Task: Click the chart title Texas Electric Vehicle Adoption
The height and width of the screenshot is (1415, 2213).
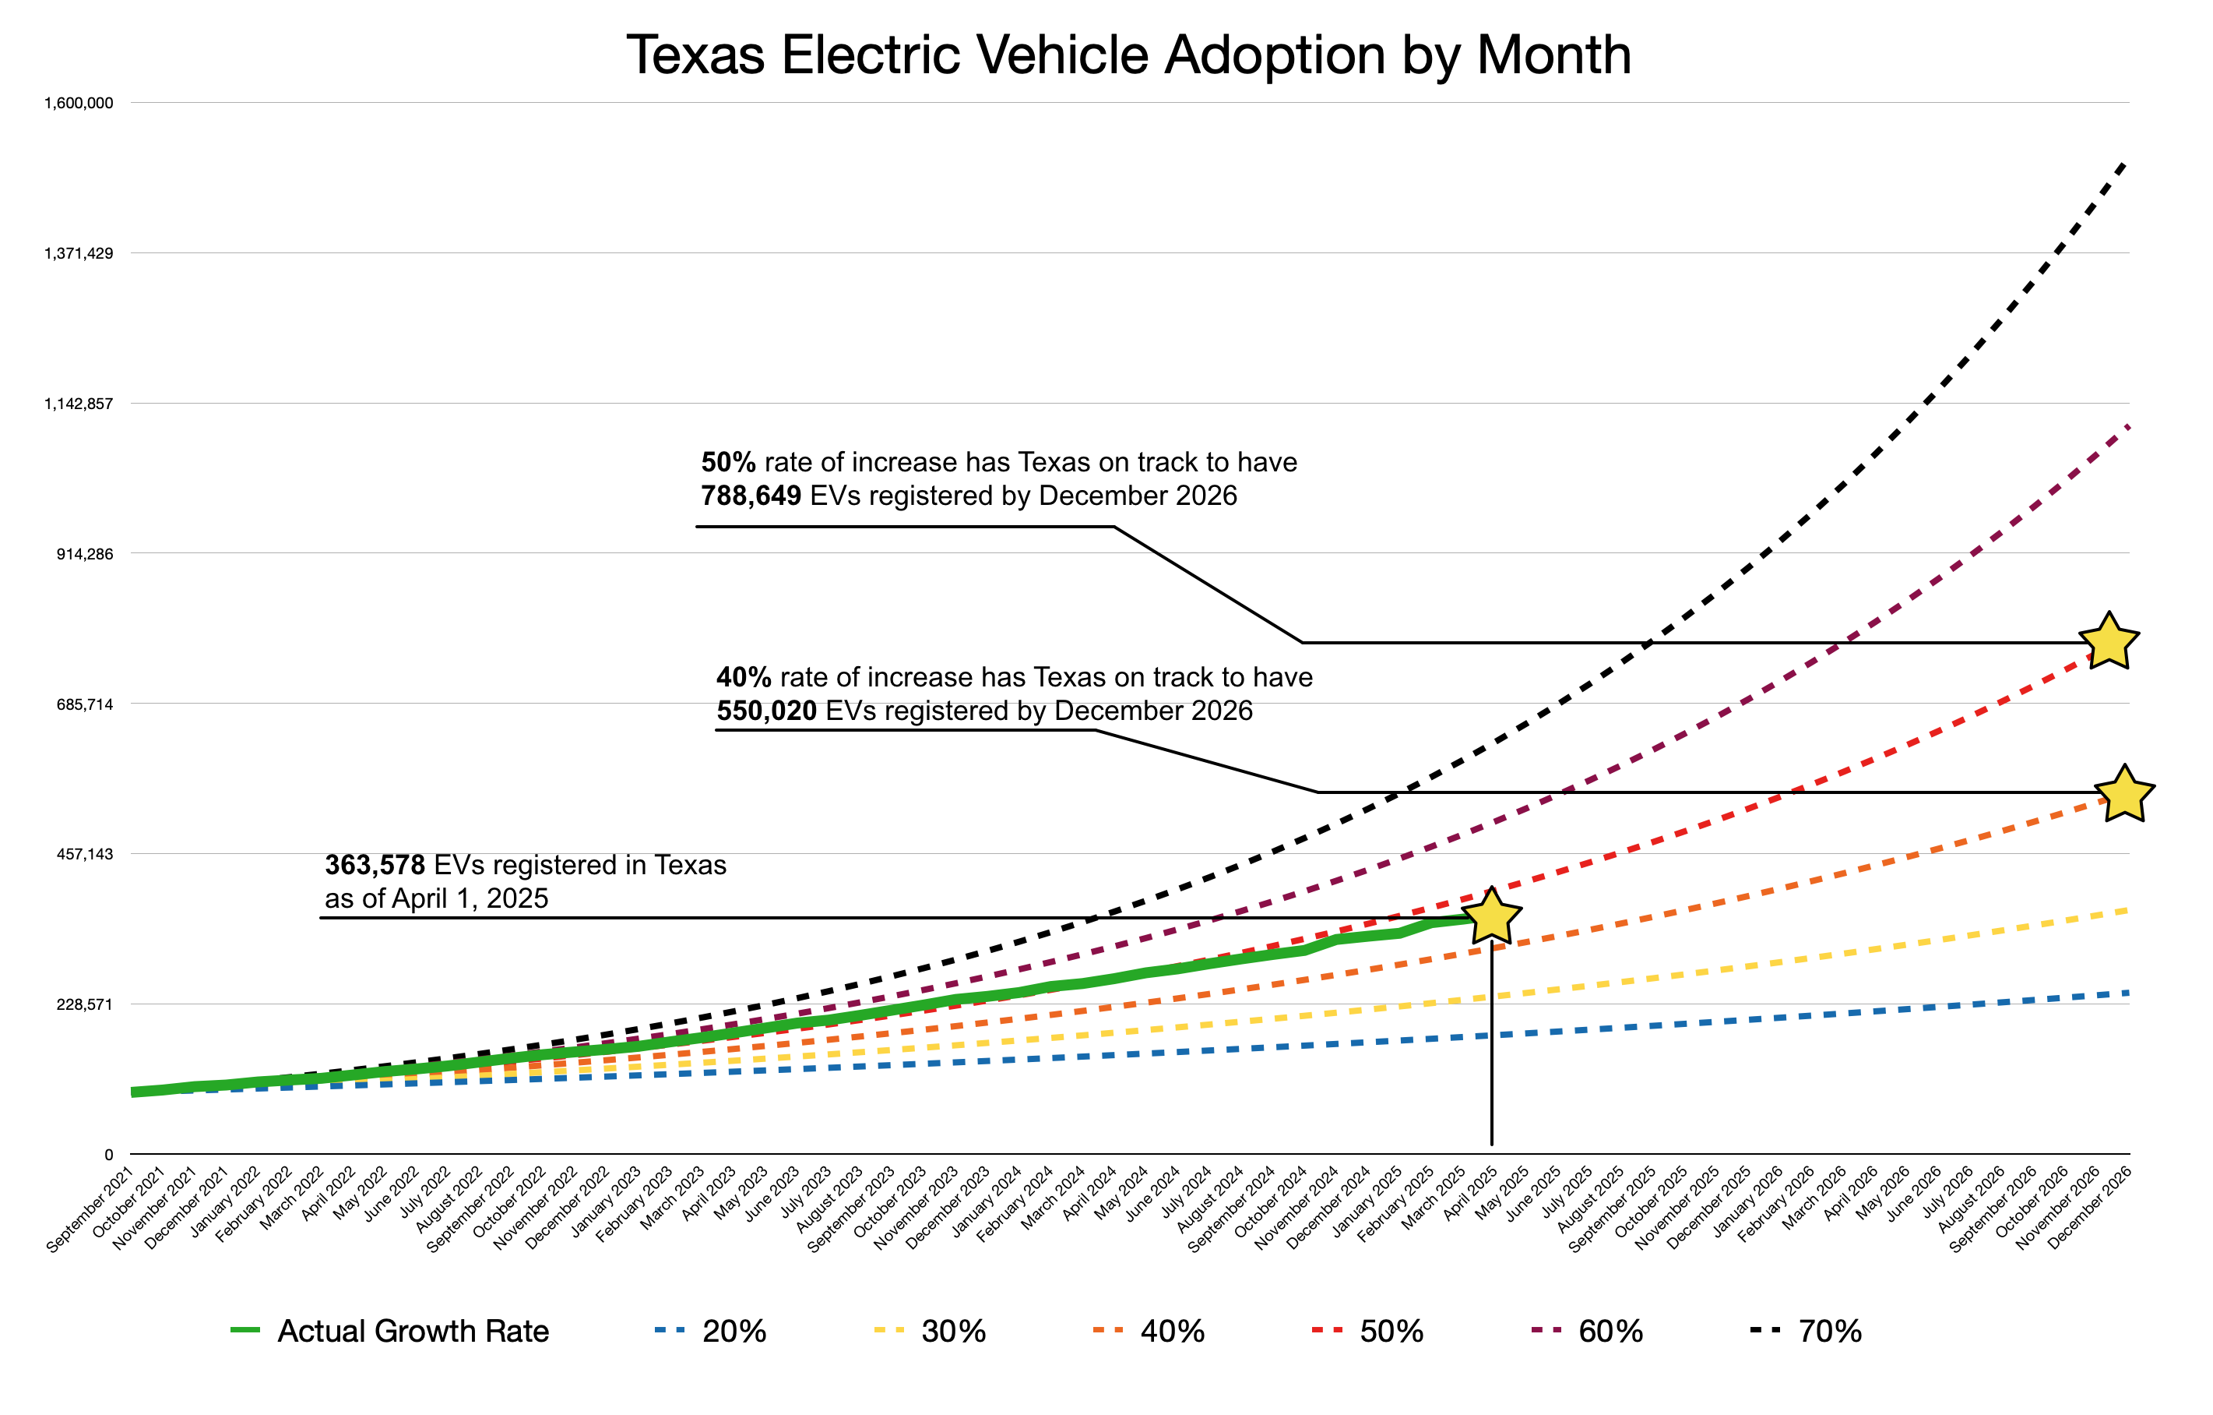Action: coord(1128,55)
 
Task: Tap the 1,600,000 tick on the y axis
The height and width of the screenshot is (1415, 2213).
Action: coord(79,103)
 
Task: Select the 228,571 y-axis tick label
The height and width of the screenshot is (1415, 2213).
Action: coord(86,1004)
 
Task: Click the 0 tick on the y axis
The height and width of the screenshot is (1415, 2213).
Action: coord(108,1155)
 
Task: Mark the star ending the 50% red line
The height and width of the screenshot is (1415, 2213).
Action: coord(2109,642)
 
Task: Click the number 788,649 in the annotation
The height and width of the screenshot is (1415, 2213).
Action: coord(751,496)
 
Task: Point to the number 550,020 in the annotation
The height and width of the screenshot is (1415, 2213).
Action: coord(766,711)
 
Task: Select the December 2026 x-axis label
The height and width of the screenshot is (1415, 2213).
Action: coord(2090,1205)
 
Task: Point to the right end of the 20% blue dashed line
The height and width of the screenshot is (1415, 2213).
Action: coord(2127,993)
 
